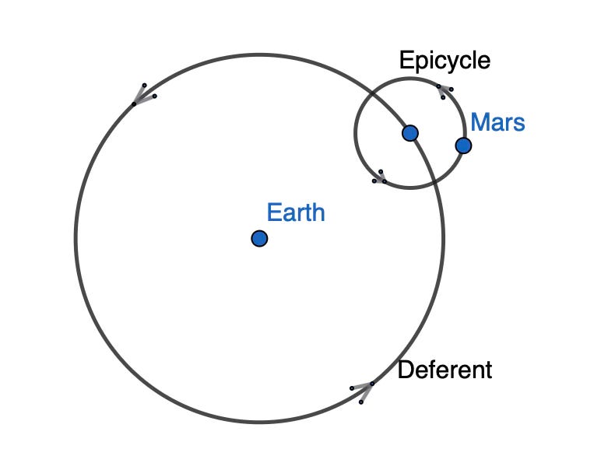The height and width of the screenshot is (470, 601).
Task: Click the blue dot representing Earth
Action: pyautogui.click(x=259, y=238)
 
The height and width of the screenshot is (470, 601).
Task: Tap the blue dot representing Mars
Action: pyautogui.click(x=463, y=146)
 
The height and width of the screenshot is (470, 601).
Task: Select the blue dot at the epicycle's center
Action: pyautogui.click(x=410, y=133)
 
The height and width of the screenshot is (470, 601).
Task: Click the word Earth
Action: pyautogui.click(x=295, y=212)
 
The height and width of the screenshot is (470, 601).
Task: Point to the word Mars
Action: pyautogui.click(x=497, y=122)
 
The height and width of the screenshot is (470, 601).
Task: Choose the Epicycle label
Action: pyautogui.click(x=445, y=61)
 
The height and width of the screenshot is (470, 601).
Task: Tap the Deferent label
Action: pyautogui.click(x=445, y=370)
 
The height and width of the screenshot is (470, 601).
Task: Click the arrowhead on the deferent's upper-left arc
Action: pyautogui.click(x=141, y=95)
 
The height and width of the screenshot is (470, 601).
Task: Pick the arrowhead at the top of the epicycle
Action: pyautogui.click(x=444, y=90)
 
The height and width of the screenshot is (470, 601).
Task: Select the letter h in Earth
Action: pyautogui.click(x=318, y=212)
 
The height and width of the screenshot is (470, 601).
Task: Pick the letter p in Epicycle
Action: pyautogui.click(x=416, y=63)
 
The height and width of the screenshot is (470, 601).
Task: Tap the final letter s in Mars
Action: pyautogui.click(x=518, y=124)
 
